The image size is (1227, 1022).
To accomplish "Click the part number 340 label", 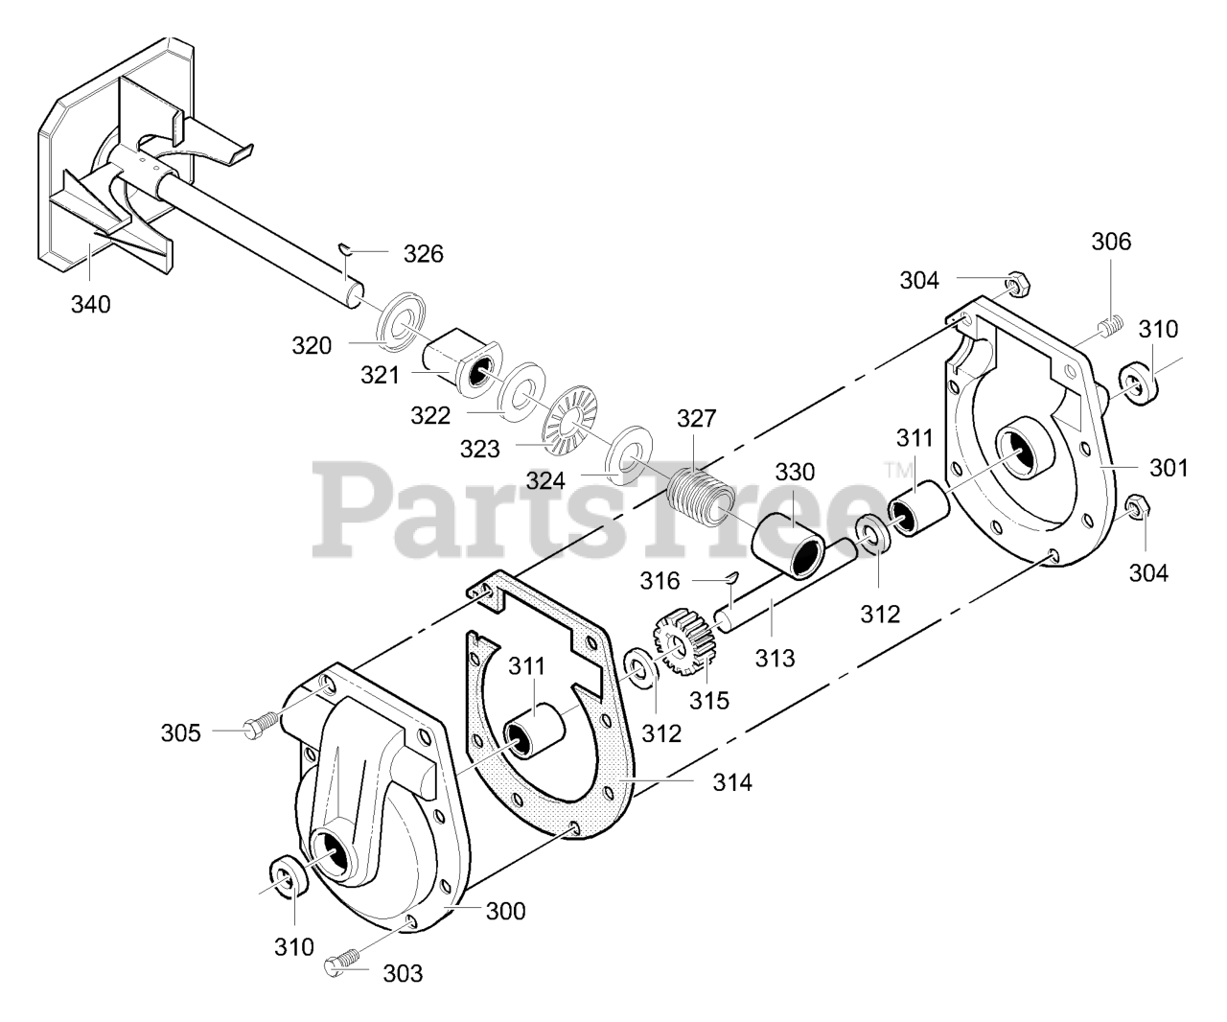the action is tap(90, 305).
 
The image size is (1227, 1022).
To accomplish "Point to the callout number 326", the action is tap(423, 253).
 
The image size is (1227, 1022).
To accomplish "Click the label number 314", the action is tap(731, 782).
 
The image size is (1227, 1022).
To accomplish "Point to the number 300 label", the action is tap(505, 911).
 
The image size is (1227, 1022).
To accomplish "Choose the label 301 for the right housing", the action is tap(1168, 468).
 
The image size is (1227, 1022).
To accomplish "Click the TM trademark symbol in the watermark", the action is tap(897, 471).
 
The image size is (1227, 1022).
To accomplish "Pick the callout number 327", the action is tap(696, 419).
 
